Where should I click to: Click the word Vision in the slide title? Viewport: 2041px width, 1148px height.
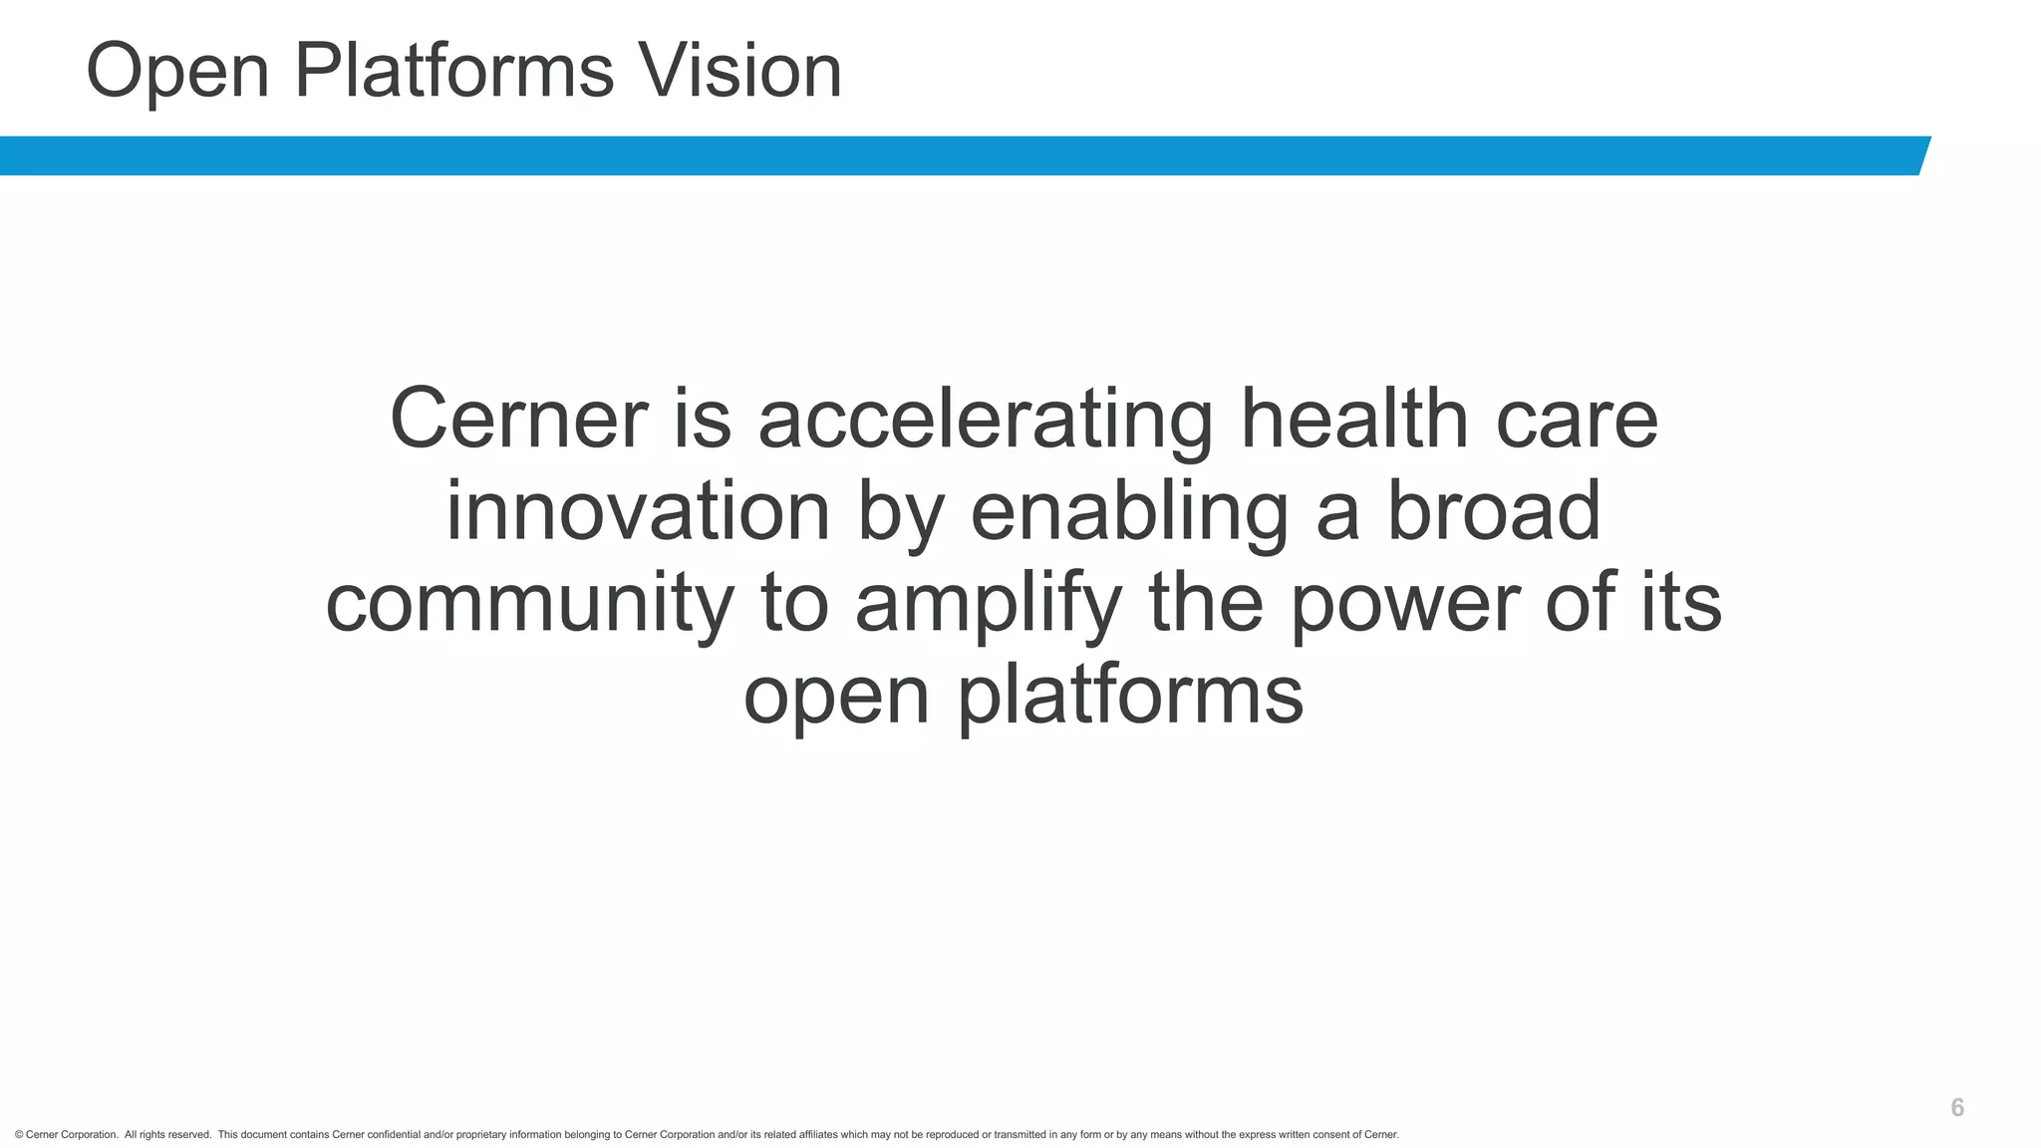pos(740,71)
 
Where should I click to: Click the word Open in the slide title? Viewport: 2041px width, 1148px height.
pos(178,71)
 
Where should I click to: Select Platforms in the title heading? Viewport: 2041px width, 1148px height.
pos(454,71)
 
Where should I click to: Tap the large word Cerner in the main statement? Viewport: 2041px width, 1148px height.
pos(519,419)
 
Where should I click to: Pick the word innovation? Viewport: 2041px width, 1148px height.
pos(638,510)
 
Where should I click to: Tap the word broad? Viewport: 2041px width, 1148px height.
pos(1494,510)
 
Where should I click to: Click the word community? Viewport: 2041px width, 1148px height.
pos(529,604)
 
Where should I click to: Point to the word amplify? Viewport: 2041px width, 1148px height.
pos(989,604)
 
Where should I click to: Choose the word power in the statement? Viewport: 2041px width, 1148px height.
pos(1405,604)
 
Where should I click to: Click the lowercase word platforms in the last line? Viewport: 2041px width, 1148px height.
pos(1130,696)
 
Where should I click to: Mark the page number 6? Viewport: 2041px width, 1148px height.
pos(1957,1108)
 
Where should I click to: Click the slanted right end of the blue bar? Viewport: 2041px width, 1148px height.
pos(1923,155)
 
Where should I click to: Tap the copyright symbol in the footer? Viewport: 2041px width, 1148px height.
pos(19,1135)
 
